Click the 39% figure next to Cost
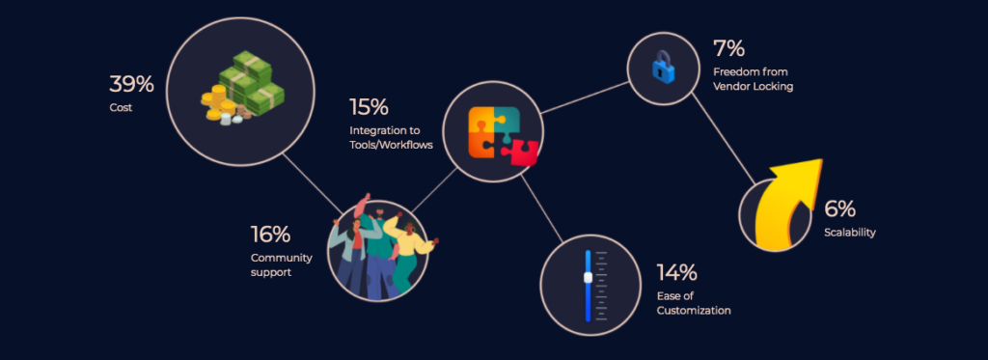pyautogui.click(x=131, y=84)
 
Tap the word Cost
pyautogui.click(x=121, y=108)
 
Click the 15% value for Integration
pyautogui.click(x=369, y=107)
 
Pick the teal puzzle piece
pyautogui.click(x=507, y=121)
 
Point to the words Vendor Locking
pyautogui.click(x=753, y=86)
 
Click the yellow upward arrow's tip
pyautogui.click(x=822, y=160)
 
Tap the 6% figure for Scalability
pyautogui.click(x=839, y=209)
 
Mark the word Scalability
pyautogui.click(x=850, y=233)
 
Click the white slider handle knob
pyautogui.click(x=588, y=277)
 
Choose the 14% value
pyautogui.click(x=676, y=273)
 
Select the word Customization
pyautogui.click(x=694, y=310)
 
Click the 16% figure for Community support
pyautogui.click(x=270, y=235)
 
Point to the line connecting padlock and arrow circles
pyautogui.click(x=723, y=139)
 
